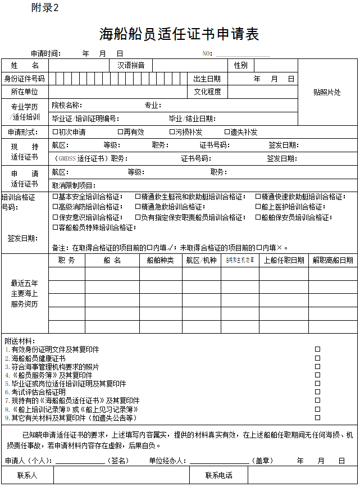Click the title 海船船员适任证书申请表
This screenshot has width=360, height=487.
(179, 34)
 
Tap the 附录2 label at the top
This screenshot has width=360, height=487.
(45, 8)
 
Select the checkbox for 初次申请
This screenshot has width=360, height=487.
(55, 132)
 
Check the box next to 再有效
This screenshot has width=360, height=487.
(120, 132)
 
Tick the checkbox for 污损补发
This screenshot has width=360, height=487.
(172, 132)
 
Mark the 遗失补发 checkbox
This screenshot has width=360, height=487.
(227, 132)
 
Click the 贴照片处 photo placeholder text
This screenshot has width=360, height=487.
(327, 93)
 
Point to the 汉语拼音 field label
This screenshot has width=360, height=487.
(131, 65)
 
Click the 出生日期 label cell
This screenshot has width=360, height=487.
(207, 79)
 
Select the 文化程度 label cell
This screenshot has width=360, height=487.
(207, 92)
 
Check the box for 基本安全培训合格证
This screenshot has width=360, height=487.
(55, 197)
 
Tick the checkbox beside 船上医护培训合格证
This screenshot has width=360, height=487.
(258, 207)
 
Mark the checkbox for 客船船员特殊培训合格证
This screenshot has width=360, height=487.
(55, 227)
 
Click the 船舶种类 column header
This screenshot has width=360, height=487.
(160, 261)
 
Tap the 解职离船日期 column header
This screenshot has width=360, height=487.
(333, 261)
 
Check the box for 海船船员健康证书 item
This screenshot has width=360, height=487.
(317, 358)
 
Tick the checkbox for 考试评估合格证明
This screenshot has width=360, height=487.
(317, 392)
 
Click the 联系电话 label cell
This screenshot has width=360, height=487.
(218, 475)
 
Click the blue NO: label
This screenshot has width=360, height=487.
(207, 54)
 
